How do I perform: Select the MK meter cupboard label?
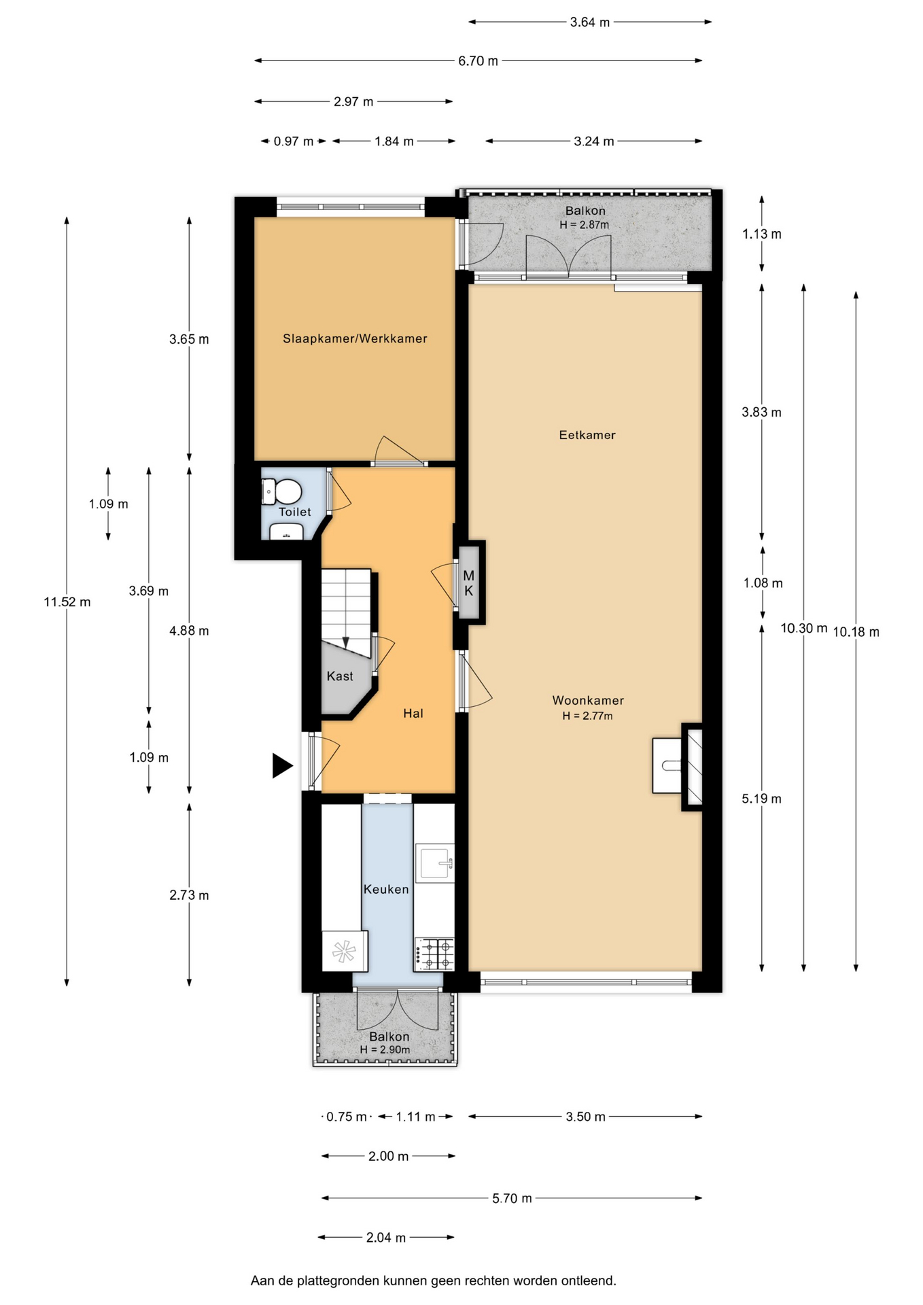point(469,584)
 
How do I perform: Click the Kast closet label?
point(340,676)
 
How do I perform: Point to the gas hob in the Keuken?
point(434,954)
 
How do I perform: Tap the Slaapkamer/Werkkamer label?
point(355,338)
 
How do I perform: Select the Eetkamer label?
point(587,435)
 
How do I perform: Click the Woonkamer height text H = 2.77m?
point(587,716)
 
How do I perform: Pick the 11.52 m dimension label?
point(67,602)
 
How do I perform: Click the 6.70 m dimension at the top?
point(478,61)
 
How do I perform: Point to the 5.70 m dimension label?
point(512,1198)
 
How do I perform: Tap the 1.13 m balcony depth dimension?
point(762,234)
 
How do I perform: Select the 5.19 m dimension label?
point(762,799)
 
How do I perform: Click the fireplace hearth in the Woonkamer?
point(667,766)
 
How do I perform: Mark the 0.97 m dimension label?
point(294,141)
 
